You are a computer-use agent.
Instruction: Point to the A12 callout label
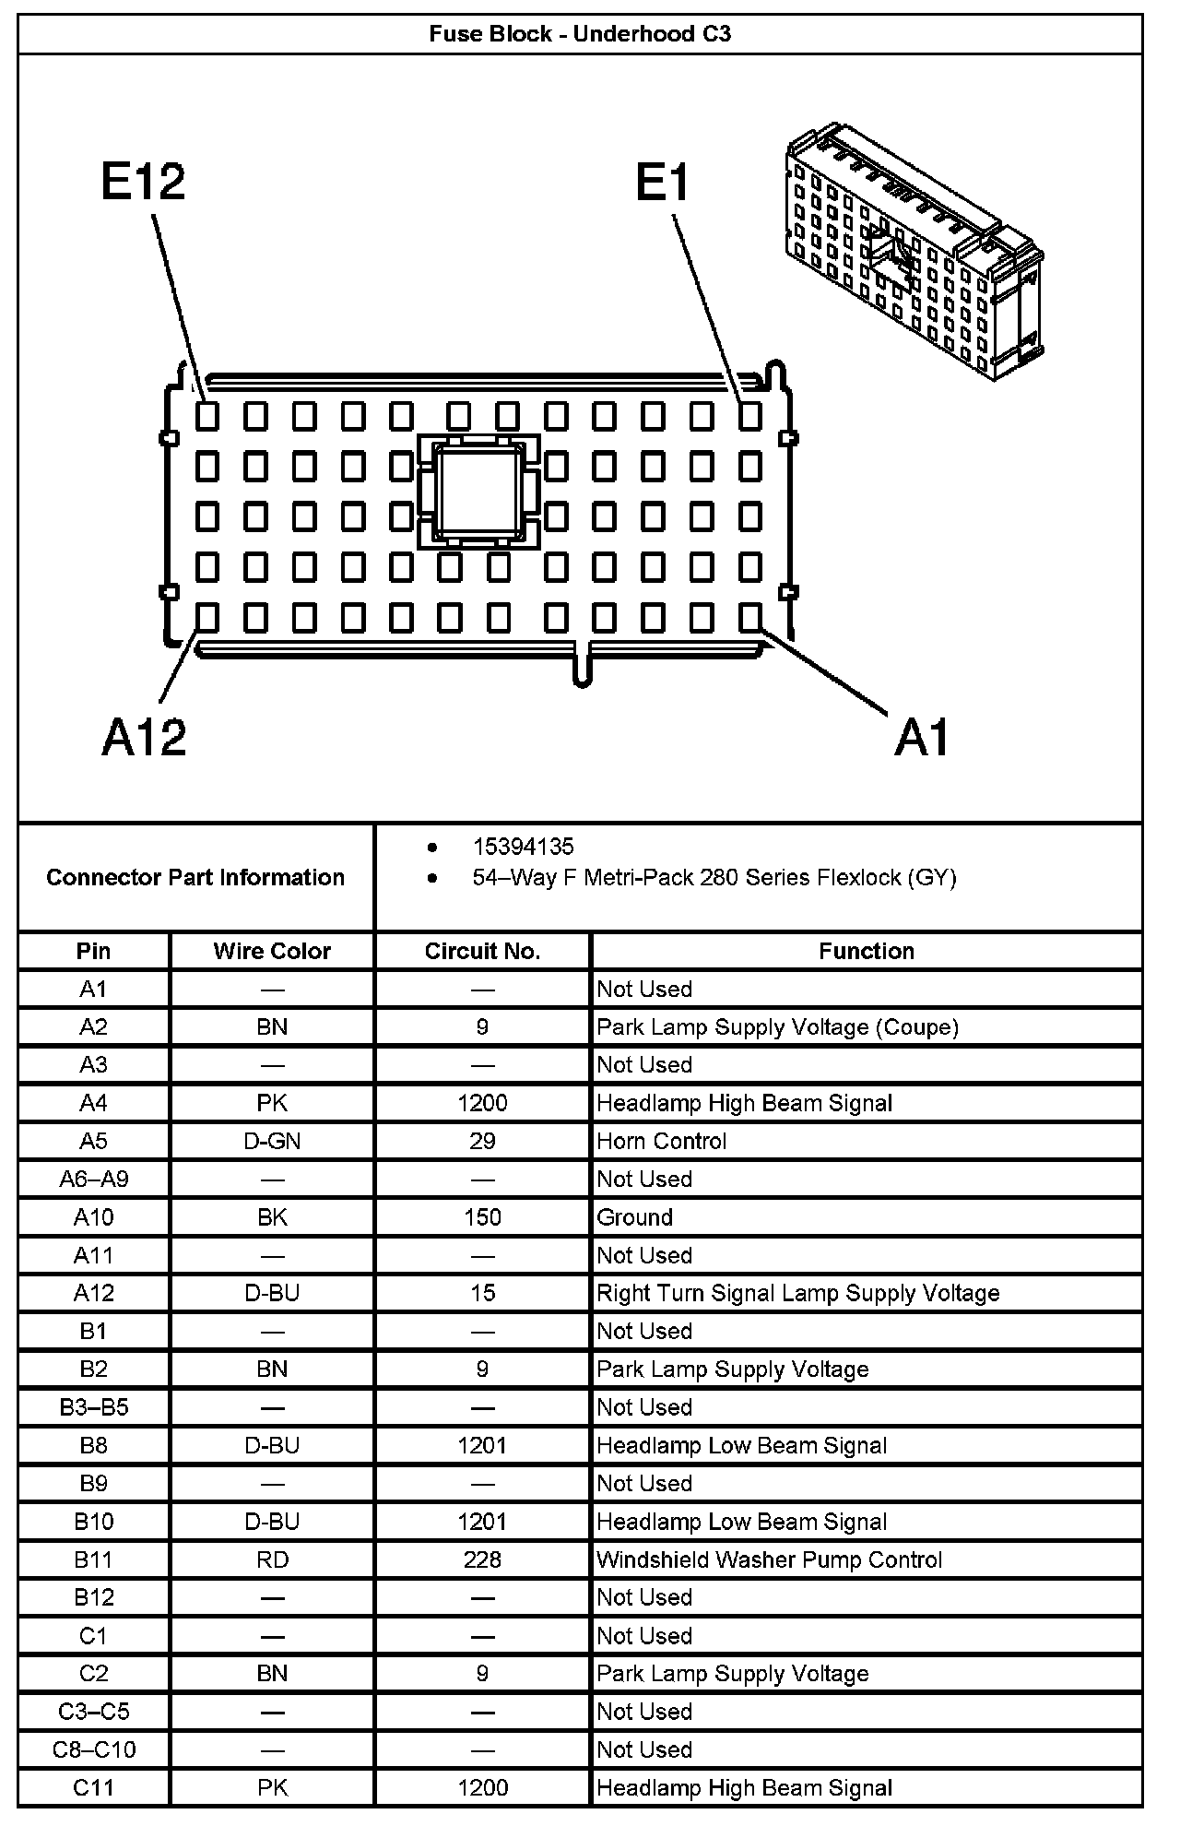pos(144,737)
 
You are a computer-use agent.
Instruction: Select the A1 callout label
pos(921,737)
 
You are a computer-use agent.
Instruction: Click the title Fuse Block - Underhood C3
pos(580,35)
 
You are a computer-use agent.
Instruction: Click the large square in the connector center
pos(474,492)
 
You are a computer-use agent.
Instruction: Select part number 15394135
pos(523,847)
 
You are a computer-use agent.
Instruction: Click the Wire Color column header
pos(272,951)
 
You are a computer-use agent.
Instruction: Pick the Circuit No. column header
pos(482,951)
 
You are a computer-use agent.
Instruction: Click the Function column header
pos(866,951)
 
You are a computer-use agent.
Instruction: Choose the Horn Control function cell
pos(662,1141)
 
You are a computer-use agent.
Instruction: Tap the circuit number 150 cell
pos(482,1217)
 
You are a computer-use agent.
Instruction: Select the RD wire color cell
pos(272,1559)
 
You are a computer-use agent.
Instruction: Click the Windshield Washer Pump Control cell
pos(769,1559)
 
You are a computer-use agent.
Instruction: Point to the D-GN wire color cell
pos(272,1141)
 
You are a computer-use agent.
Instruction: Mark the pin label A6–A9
pos(93,1179)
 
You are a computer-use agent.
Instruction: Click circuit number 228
pos(482,1559)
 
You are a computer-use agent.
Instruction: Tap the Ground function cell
pos(635,1217)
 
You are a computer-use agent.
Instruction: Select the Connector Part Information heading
pos(195,877)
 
